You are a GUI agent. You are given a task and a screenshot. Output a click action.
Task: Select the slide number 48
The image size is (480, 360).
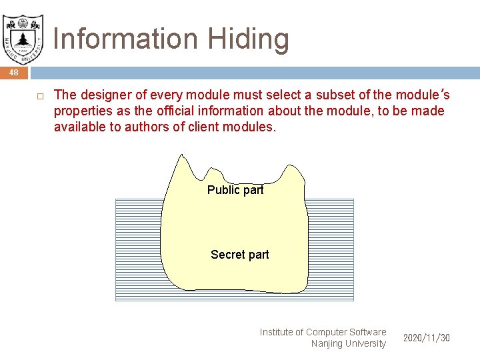pos(14,72)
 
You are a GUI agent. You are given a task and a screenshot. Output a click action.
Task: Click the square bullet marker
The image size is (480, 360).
pos(39,95)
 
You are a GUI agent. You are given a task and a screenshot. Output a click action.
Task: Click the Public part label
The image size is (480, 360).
pos(235,190)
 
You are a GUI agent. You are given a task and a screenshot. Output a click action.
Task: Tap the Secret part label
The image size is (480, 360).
pos(239,255)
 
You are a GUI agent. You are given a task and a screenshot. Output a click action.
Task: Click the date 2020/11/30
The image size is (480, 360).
pos(427,338)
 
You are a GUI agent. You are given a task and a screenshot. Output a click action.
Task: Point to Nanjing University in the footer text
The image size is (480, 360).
pos(348,344)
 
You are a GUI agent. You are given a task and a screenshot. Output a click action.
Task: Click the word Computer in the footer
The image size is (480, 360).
pos(327,332)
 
